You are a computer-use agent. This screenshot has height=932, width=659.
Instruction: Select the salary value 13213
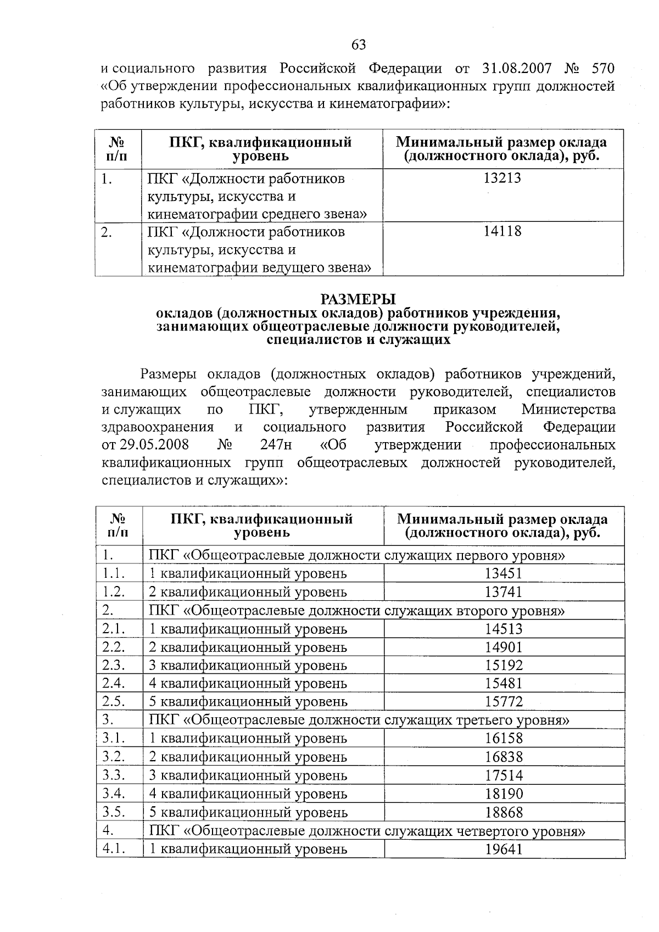point(503,178)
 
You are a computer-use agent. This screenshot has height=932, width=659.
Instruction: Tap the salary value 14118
point(503,231)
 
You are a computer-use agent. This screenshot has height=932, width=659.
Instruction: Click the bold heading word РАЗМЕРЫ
point(358,299)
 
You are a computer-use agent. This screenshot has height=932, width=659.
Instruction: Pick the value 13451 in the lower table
point(504,573)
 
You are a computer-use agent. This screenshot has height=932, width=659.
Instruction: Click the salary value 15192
point(504,665)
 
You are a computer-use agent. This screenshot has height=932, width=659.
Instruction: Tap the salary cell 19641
point(504,849)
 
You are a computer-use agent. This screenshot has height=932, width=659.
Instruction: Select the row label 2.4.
point(114,683)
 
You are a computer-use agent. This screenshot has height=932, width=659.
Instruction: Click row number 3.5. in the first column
point(114,812)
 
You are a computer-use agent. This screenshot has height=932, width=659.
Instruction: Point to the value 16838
point(504,757)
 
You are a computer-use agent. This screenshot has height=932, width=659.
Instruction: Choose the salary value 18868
point(504,812)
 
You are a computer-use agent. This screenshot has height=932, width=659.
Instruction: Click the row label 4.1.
point(114,849)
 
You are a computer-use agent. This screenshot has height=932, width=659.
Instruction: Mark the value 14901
point(504,647)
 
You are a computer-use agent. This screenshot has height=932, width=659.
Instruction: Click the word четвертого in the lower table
point(489,831)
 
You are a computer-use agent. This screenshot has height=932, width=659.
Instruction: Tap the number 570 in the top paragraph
point(602,69)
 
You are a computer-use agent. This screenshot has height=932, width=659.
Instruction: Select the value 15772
point(504,701)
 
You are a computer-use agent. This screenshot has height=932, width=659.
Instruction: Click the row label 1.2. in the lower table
point(114,591)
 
